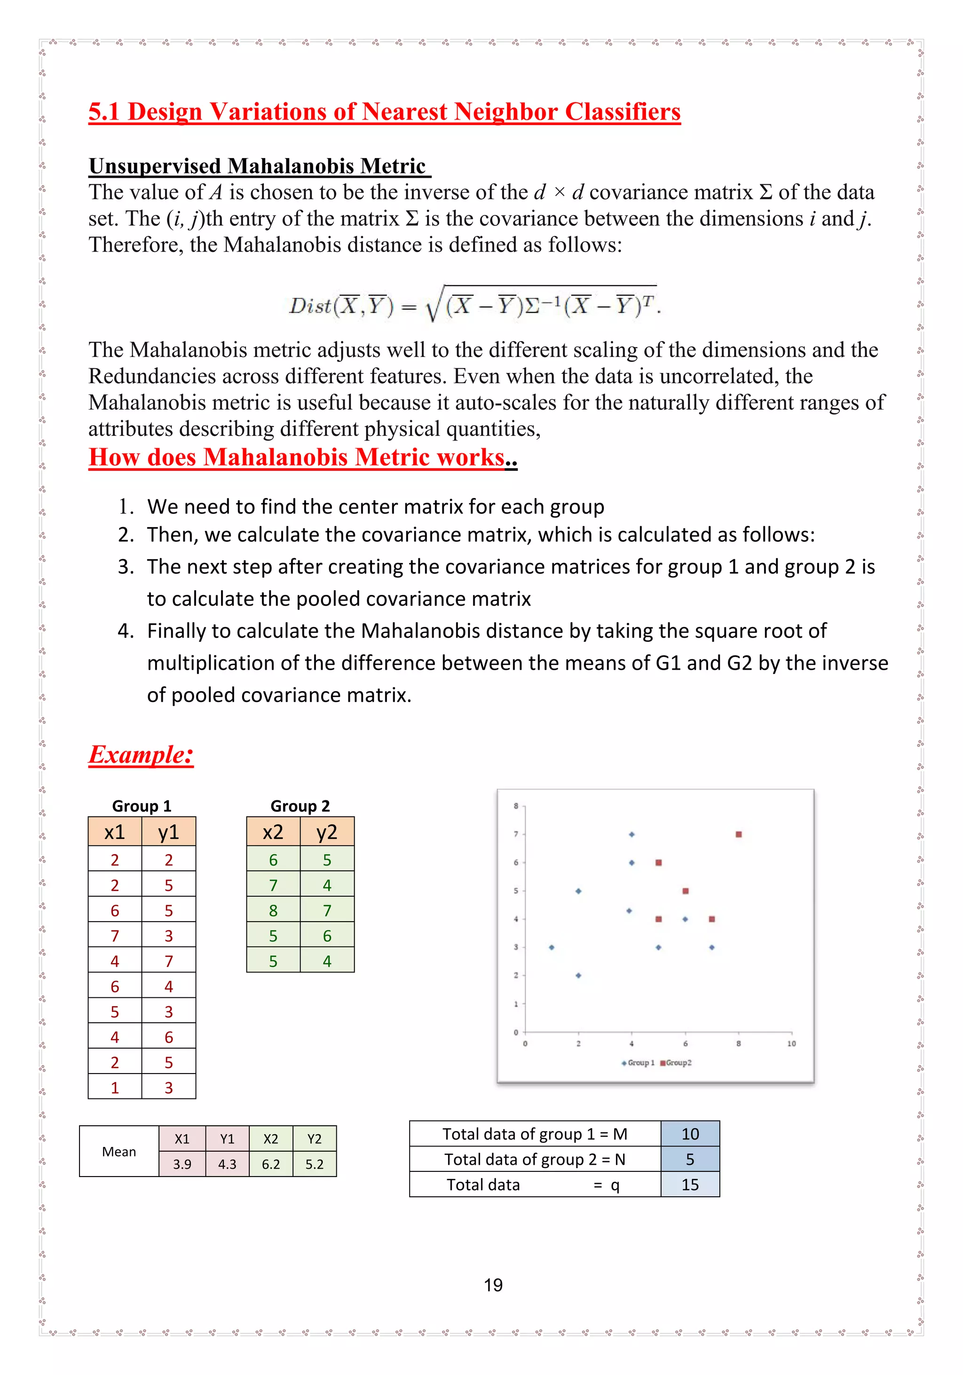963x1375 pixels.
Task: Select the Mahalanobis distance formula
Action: click(x=475, y=305)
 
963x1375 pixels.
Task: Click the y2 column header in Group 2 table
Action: click(x=327, y=832)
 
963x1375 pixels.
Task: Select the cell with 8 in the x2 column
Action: click(x=273, y=910)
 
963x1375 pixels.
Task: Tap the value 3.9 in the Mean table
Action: click(x=182, y=1164)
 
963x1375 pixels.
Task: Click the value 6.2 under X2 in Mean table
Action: click(x=271, y=1164)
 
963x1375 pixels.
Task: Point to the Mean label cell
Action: click(x=118, y=1152)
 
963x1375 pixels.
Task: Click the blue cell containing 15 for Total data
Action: click(x=690, y=1185)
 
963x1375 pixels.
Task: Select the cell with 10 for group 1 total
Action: click(x=690, y=1134)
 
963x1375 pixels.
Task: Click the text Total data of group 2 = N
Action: click(x=534, y=1160)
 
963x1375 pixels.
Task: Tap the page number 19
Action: click(x=493, y=1285)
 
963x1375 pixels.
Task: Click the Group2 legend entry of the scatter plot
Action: click(x=677, y=1063)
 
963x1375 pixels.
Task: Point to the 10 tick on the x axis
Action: click(x=791, y=1044)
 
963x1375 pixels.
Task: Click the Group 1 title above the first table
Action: click(x=142, y=806)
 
